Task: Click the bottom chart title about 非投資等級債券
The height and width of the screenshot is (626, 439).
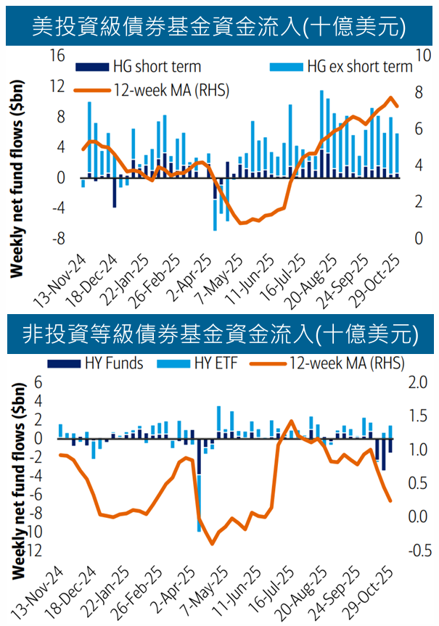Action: tap(219, 334)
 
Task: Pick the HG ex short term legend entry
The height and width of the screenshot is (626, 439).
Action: tap(349, 67)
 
